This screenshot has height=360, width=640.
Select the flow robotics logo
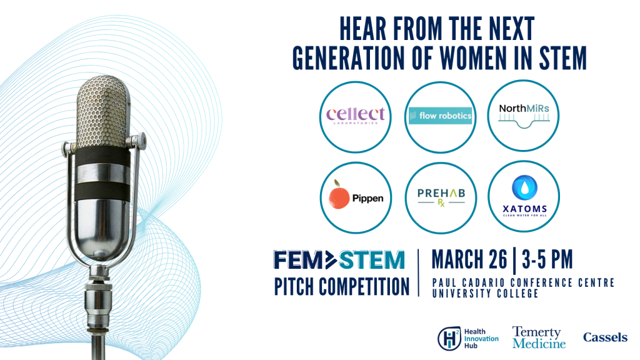point(441,116)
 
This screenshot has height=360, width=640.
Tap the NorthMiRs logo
point(524,116)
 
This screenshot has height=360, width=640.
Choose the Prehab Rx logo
point(441,197)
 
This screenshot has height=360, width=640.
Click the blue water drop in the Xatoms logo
point(524,187)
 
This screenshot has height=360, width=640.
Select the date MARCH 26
point(469,259)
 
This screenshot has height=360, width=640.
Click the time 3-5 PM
point(547,259)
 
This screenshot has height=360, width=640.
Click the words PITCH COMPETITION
point(342,286)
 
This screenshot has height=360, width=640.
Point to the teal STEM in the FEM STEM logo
point(371,260)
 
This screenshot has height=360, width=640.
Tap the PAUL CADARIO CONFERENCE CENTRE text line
point(523,282)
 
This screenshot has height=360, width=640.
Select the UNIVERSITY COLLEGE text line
point(485,294)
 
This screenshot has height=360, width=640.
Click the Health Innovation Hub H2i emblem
point(449,338)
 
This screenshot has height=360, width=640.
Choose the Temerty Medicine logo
point(539,337)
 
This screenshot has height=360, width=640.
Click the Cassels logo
point(605,337)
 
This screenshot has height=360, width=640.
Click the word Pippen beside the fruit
point(367,199)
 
